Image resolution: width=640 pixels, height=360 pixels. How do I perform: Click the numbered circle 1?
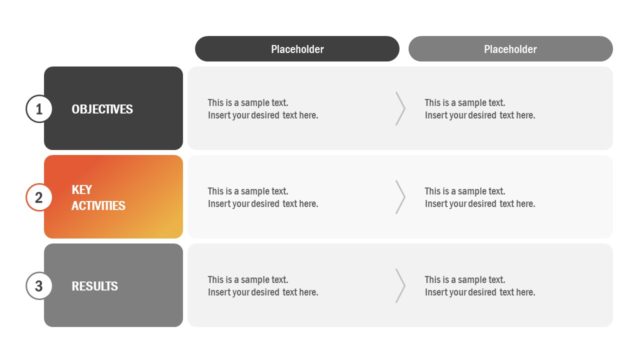[x=39, y=109]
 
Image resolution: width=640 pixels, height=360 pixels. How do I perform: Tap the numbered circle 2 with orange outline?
[x=39, y=197]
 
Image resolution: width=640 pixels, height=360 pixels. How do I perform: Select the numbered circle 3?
[x=39, y=286]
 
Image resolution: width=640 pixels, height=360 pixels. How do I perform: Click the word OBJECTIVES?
[x=102, y=109]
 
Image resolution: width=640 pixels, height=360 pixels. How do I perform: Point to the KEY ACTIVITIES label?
[x=98, y=197]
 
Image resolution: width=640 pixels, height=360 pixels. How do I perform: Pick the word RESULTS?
[x=95, y=286]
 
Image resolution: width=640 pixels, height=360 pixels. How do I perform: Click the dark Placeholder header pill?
[x=297, y=49]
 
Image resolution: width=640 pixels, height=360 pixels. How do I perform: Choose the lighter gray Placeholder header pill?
[x=510, y=49]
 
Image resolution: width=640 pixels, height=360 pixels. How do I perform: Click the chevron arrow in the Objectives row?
[x=400, y=108]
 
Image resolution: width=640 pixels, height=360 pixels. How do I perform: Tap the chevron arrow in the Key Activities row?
[x=400, y=197]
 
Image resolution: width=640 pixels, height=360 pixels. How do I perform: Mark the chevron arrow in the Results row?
[x=400, y=286]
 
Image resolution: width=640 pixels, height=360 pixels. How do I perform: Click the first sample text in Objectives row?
[x=263, y=109]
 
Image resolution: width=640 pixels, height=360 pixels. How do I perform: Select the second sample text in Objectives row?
[x=480, y=109]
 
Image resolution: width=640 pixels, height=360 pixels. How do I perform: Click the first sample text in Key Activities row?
[x=263, y=197]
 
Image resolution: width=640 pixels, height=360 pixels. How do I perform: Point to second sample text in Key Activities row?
[x=480, y=197]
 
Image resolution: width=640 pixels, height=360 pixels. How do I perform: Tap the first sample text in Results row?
[x=263, y=286]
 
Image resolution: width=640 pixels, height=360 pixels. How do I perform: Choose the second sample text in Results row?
[x=480, y=286]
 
